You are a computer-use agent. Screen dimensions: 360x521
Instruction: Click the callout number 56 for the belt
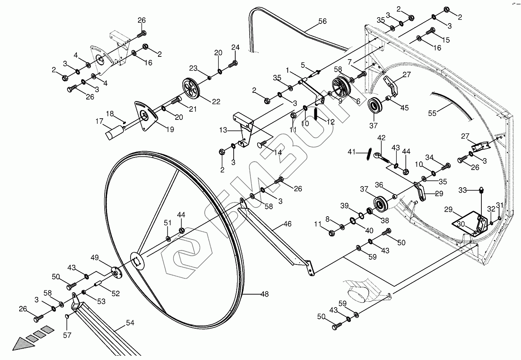(322, 22)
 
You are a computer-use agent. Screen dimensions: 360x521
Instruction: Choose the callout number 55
(432, 113)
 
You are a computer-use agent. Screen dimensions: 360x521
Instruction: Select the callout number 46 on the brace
(287, 224)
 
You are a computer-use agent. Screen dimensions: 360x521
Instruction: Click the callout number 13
(223, 130)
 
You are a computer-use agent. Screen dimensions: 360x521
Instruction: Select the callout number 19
(169, 130)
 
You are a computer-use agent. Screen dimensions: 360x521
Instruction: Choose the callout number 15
(446, 40)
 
